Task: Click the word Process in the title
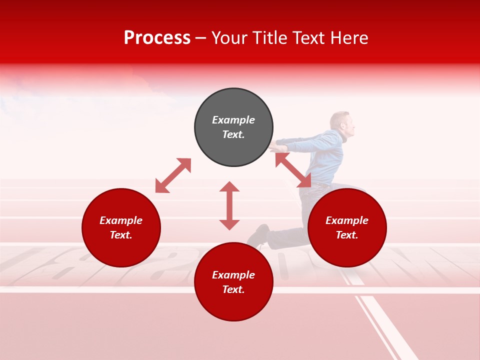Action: point(157,38)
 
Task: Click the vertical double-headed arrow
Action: point(229,205)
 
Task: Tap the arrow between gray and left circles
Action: point(173,175)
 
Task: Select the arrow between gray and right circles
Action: point(293,169)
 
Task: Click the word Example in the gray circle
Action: point(233,120)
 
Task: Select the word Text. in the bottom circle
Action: point(233,289)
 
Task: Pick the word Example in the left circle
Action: point(121,220)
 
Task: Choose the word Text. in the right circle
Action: point(347,235)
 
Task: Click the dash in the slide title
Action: point(201,38)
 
